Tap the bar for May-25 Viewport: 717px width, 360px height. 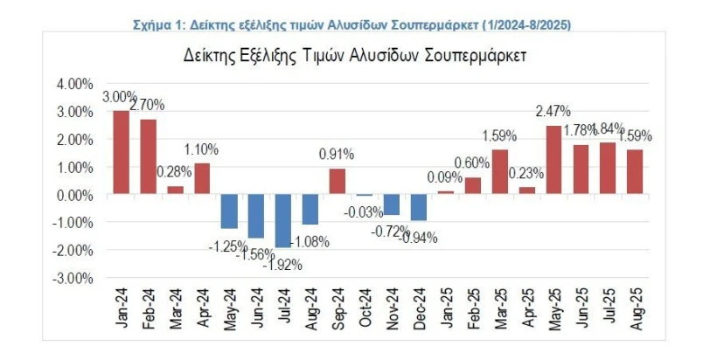tap(553, 160)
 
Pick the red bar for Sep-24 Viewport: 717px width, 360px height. tap(337, 182)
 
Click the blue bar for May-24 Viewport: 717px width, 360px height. tap(229, 211)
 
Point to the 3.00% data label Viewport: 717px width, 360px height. tap(118, 96)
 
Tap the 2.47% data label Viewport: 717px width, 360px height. tap(553, 111)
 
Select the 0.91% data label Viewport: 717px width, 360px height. tap(337, 155)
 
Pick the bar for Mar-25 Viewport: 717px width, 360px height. tap(499, 172)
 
